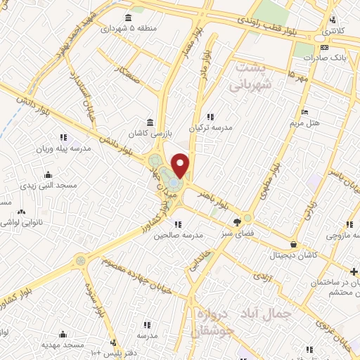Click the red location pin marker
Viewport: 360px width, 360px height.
click(x=181, y=165)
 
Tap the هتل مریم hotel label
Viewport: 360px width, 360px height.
click(x=304, y=122)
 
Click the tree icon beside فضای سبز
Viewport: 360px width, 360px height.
click(x=247, y=217)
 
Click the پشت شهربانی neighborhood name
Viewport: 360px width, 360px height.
click(x=251, y=75)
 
